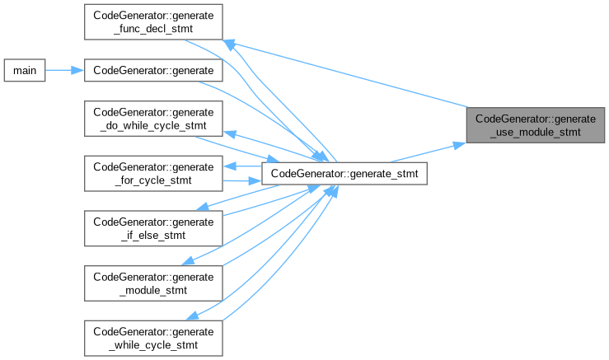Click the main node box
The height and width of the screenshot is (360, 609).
click(23, 70)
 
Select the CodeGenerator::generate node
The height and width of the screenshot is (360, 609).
click(153, 70)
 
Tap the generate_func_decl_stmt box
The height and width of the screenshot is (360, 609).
click(153, 21)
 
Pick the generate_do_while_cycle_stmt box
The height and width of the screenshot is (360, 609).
click(153, 119)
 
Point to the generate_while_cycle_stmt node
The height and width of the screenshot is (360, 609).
click(153, 337)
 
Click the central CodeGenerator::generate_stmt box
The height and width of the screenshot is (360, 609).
click(344, 173)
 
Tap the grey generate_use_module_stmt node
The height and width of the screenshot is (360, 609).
click(536, 124)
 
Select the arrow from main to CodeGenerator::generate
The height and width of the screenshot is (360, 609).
click(64, 70)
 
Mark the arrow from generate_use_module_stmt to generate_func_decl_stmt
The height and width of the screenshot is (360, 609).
click(346, 74)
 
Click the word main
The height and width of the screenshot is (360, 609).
click(23, 70)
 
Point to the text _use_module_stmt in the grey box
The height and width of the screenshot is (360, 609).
click(536, 131)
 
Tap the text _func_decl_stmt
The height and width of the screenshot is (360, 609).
click(153, 28)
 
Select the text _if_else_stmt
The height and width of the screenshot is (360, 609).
click(153, 235)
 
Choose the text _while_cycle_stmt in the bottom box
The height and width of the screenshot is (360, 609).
click(153, 344)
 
